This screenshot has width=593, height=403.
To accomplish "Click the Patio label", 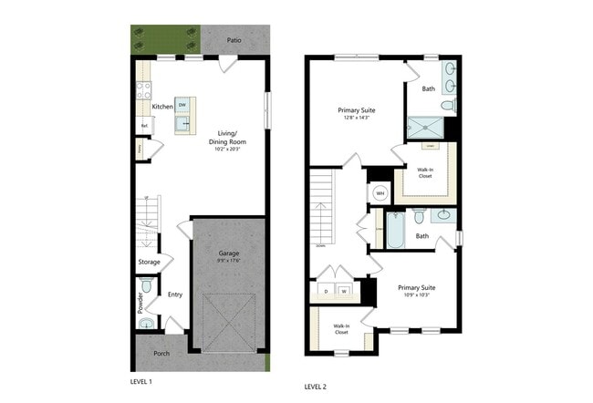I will click(234, 40).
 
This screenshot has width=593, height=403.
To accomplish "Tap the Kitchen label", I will click(162, 107).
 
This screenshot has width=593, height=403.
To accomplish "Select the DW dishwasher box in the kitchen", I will click(182, 105).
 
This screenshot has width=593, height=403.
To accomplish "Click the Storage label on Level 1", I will click(150, 262).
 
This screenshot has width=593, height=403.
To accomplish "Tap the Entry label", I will click(176, 294).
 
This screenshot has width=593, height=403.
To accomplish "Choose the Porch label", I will click(161, 353).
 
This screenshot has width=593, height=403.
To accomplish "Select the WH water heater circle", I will click(380, 194).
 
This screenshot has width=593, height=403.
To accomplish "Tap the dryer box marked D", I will click(327, 292).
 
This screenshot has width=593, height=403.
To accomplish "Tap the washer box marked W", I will click(345, 292).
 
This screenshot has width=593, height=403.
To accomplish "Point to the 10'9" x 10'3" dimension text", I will click(415, 294).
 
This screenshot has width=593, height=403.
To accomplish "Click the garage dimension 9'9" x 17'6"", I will click(228, 262).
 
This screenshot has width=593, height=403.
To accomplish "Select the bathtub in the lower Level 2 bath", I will click(394, 232).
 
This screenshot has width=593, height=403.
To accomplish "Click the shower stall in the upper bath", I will click(425, 129).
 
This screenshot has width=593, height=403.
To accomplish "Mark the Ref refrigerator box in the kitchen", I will click(144, 127).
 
